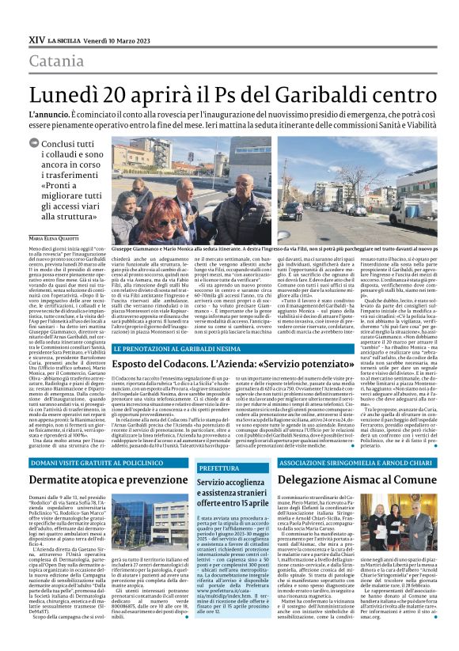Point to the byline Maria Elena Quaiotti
click(x=55, y=260)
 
